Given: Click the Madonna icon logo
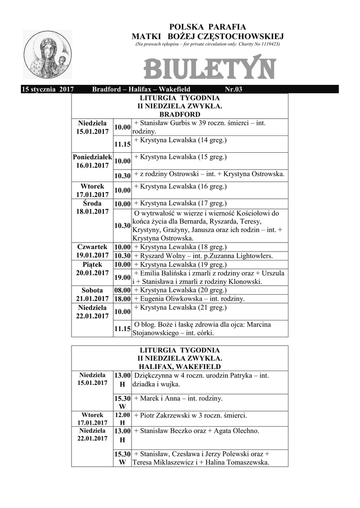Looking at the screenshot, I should point(48,55).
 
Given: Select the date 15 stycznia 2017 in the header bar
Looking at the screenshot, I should point(48,89).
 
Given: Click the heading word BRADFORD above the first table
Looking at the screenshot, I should point(180,114).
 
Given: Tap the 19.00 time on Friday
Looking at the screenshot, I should point(122,277).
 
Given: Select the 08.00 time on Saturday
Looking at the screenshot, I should point(122,290).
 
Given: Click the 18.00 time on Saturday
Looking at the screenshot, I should point(122,299).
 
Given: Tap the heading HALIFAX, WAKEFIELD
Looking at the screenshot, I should point(180,367).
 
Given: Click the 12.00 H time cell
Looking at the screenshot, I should point(122,419).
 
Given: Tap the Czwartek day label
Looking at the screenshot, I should point(92,247).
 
